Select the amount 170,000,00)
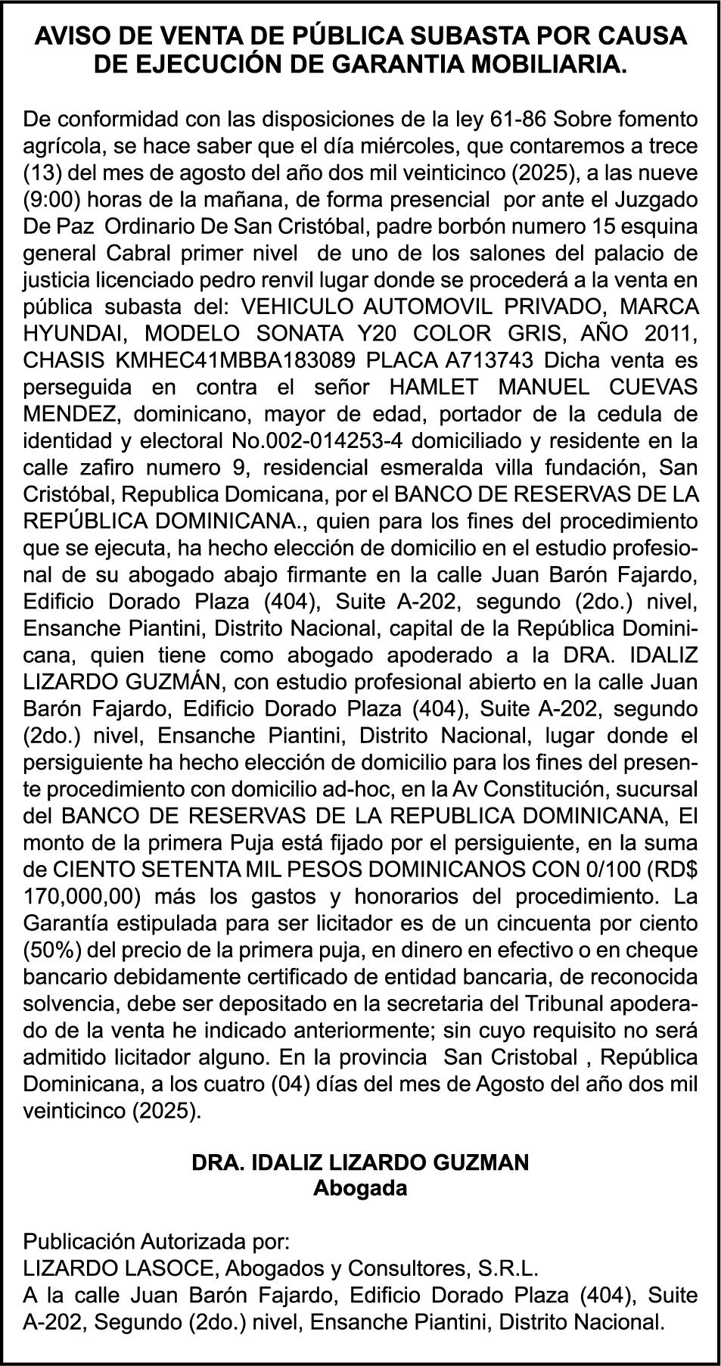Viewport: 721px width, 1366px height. tap(83, 897)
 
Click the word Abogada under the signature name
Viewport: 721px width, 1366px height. tap(360, 1187)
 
